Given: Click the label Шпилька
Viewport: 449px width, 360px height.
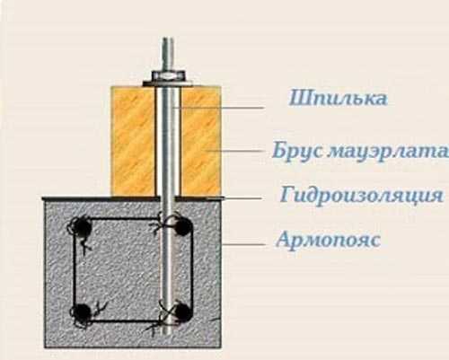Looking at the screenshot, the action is (338, 98).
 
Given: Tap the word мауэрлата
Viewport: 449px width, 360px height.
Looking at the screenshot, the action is (388, 152).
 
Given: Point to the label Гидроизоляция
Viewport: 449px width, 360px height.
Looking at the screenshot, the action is (362, 195).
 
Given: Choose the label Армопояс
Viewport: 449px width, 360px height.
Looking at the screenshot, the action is (329, 240).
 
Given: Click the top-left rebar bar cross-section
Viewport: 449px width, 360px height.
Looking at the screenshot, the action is (81, 227).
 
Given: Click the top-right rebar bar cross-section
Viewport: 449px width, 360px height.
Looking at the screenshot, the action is (182, 226).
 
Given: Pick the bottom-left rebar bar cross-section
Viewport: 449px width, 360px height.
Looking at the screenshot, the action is (82, 312).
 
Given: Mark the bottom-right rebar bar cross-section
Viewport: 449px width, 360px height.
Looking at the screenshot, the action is (182, 312).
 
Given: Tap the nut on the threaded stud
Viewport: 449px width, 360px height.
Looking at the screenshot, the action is (168, 75).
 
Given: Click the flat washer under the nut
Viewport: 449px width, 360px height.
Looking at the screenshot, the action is (168, 83).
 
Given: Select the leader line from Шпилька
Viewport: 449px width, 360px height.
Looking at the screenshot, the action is (218, 108).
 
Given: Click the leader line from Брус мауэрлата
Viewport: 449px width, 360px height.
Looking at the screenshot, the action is (235, 151).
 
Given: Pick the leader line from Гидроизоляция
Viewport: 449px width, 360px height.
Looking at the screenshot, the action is (242, 198).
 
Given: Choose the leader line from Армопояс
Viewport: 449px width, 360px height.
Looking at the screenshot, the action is (243, 244).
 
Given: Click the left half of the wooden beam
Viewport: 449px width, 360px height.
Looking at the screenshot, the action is (134, 141).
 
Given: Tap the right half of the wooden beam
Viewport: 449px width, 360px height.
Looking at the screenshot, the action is (201, 141).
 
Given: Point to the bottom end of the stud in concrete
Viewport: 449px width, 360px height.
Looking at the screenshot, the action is (168, 333).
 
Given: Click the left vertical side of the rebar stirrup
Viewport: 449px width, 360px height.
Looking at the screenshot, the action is (74, 269).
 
